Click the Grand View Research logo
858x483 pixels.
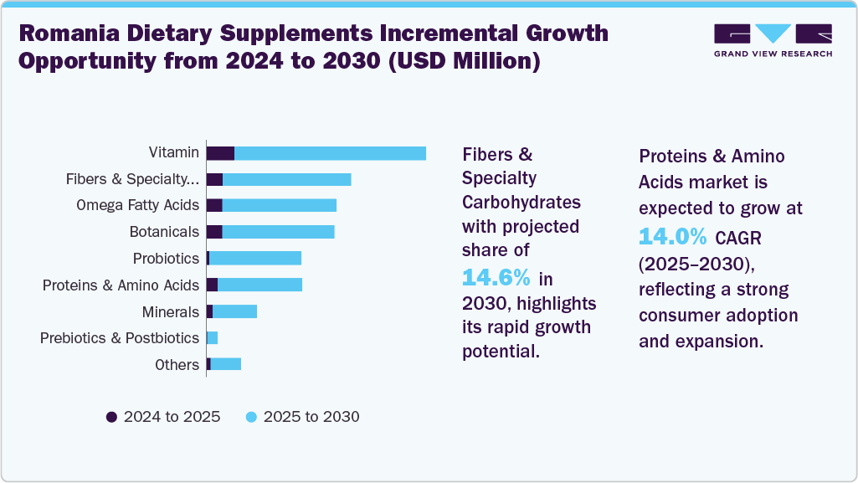point(773,40)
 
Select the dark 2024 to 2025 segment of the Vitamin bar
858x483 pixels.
point(220,153)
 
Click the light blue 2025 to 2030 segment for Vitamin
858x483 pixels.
point(330,153)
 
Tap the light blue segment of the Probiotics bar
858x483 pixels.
point(255,259)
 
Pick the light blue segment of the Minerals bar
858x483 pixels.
point(234,311)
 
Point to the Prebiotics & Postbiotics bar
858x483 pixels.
point(212,337)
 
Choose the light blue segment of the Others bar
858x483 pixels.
point(226,364)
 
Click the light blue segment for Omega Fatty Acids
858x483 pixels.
point(279,206)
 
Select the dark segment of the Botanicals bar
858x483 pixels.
point(214,232)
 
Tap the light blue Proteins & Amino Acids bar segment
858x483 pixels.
point(259,285)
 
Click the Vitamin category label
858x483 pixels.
point(174,152)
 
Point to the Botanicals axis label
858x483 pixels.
point(164,232)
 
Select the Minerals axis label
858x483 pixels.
point(171,311)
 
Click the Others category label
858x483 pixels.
point(177,365)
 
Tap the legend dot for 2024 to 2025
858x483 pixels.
point(111,417)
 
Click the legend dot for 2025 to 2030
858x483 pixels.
point(251,417)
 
